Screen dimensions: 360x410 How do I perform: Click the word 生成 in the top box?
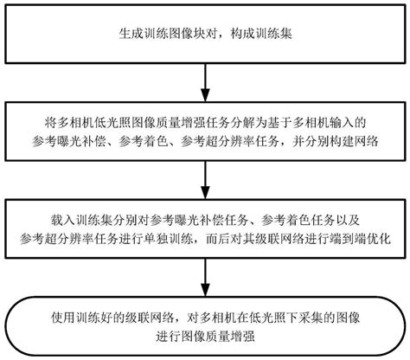127,35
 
